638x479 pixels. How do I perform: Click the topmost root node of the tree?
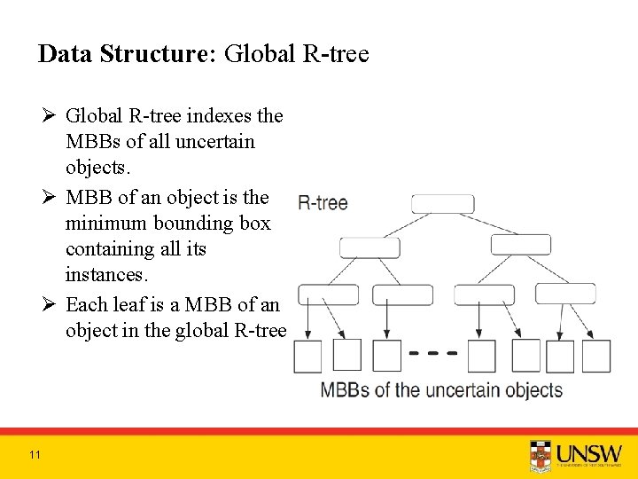pos(443,203)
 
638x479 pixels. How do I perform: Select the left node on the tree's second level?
pos(370,247)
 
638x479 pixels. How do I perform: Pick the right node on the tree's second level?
pos(520,245)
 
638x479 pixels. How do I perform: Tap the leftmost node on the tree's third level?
pos(328,294)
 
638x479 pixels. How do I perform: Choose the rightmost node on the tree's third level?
pos(565,294)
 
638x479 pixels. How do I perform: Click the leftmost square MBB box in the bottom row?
pos(307,357)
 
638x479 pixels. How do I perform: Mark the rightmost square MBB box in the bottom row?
pos(595,356)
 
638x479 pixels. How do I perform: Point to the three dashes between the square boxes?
pos(433,353)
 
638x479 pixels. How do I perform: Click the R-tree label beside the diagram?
pos(323,203)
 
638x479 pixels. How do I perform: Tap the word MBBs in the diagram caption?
pos(345,390)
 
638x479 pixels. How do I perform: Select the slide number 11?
pos(35,455)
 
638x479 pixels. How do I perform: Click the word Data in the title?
pos(66,55)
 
